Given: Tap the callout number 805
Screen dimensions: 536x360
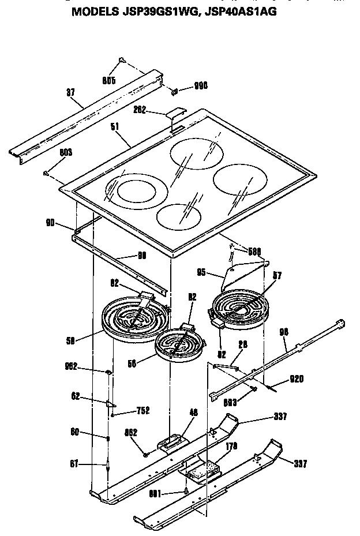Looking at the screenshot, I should click(109, 81).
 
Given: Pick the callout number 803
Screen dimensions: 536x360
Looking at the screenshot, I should click(65, 153).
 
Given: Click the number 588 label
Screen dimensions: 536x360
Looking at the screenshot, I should click(254, 251).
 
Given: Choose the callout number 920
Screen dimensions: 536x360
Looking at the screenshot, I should click(297, 378).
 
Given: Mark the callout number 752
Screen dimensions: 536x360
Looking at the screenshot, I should click(142, 410).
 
